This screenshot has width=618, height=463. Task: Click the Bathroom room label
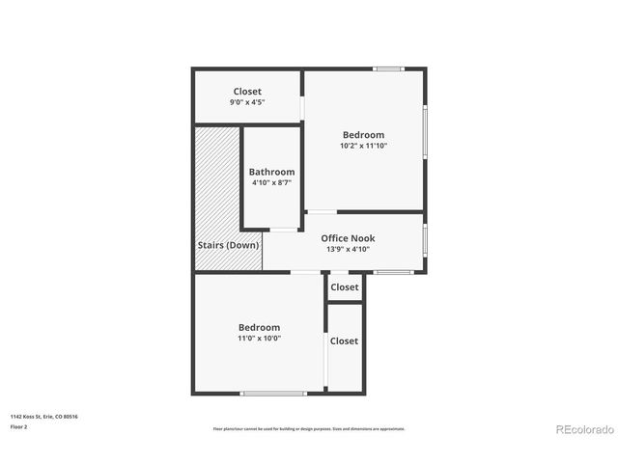(x=271, y=172)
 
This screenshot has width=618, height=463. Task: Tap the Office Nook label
(x=348, y=238)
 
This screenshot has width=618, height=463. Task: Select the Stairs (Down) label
(x=228, y=245)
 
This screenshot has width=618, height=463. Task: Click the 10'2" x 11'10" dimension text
(x=363, y=146)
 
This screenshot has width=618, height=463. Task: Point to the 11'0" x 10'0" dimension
(x=259, y=339)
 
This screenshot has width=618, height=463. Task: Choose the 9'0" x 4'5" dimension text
(x=247, y=102)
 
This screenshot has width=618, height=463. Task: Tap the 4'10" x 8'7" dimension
(x=271, y=182)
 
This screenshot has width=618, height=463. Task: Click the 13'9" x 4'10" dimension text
(x=348, y=249)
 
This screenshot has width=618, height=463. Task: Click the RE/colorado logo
(x=583, y=429)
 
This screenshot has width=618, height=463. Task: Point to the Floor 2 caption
(x=19, y=426)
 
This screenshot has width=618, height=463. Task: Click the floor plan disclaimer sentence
(x=309, y=428)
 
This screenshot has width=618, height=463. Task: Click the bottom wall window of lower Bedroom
(x=273, y=393)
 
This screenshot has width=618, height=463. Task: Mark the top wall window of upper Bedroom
(x=388, y=68)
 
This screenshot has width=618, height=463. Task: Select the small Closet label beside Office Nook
(x=345, y=287)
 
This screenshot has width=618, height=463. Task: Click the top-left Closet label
(x=247, y=92)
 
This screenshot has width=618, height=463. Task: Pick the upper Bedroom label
(x=363, y=135)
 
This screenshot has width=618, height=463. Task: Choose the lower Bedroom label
(x=259, y=328)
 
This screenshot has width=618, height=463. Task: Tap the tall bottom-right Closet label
(x=344, y=340)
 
